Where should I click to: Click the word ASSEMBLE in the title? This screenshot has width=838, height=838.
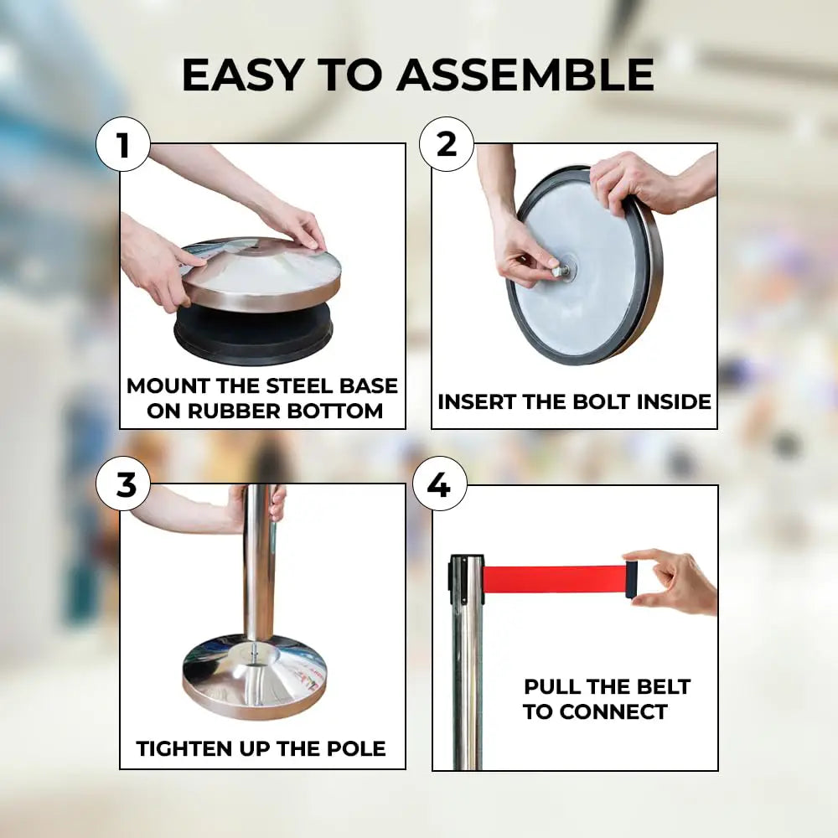point(525,75)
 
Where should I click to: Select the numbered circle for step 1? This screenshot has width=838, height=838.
point(123,144)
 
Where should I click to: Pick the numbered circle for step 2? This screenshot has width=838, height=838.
point(447,144)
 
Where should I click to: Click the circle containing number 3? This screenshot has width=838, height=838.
point(123,484)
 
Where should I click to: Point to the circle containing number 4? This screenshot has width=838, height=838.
point(439,484)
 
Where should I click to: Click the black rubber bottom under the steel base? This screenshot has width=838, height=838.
point(253,334)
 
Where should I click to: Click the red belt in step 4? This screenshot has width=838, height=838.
point(555,579)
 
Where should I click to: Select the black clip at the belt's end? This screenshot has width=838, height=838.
point(632,579)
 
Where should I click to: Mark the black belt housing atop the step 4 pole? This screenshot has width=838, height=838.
point(466,580)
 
